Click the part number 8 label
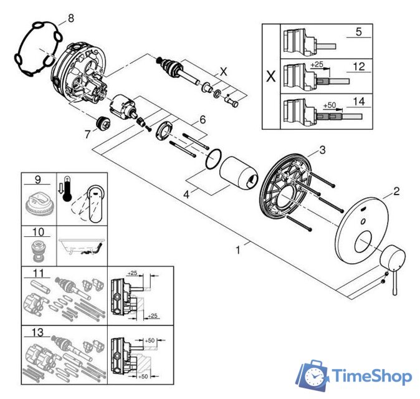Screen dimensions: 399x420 click(70, 19)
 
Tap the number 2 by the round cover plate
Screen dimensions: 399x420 click(396, 191)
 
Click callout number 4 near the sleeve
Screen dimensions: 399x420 click(186, 195)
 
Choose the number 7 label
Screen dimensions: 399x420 click(88, 132)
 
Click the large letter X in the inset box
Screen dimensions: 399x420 click(270, 77)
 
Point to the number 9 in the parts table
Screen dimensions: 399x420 click(38, 180)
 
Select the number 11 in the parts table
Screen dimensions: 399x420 click(37, 272)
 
